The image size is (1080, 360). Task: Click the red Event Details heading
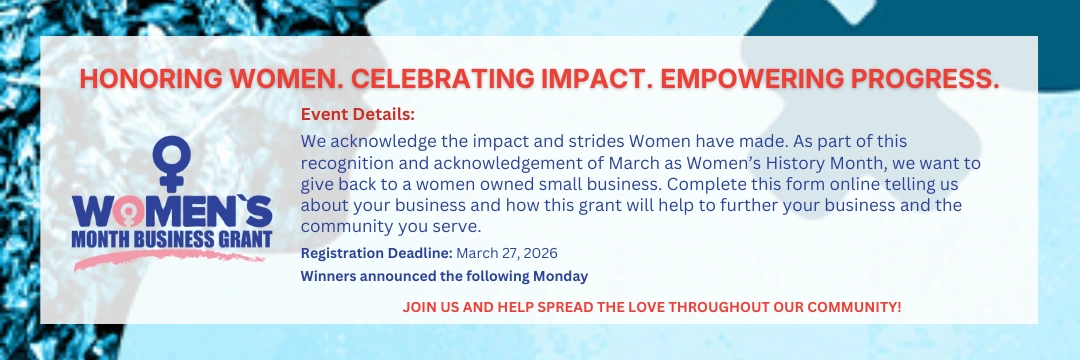click(357, 114)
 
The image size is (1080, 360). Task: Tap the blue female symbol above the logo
click(172, 163)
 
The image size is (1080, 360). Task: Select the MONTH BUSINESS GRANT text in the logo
click(172, 240)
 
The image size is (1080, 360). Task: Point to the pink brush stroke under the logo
click(169, 259)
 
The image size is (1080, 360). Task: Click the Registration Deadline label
click(377, 253)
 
